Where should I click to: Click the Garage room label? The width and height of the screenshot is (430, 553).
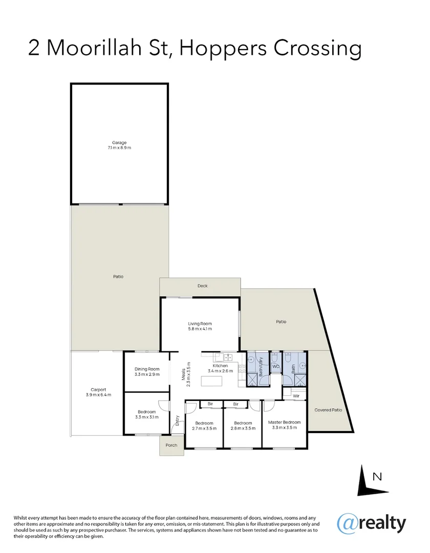(x=119, y=143)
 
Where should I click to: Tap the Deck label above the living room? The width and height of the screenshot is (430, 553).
(x=203, y=286)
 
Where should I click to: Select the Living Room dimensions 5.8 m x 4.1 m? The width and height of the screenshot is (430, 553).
(x=200, y=329)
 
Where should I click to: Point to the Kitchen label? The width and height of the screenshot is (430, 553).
(x=220, y=366)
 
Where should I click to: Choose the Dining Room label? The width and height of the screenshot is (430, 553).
(x=147, y=369)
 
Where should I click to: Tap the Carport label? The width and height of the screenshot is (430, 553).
(x=98, y=390)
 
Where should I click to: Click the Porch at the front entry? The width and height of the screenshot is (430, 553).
(x=171, y=445)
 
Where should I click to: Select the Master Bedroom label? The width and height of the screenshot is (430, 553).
(x=284, y=422)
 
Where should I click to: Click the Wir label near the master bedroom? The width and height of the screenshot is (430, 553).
(x=296, y=396)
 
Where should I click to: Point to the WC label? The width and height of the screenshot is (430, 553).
(x=275, y=367)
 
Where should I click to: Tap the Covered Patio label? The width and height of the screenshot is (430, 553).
(x=328, y=410)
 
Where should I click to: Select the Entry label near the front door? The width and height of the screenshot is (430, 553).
(x=178, y=421)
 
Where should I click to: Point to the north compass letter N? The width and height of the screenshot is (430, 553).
(x=377, y=477)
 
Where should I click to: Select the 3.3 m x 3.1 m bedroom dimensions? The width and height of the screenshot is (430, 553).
(x=146, y=417)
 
